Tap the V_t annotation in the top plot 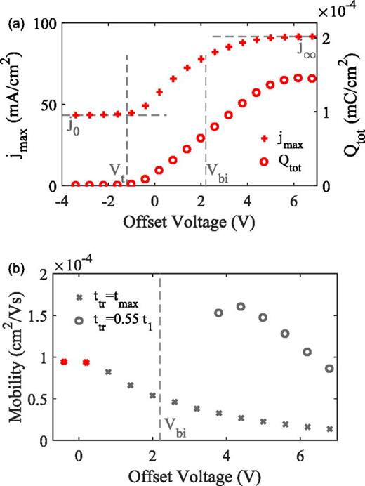pos(117,169)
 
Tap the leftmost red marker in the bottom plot pos(65,362)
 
